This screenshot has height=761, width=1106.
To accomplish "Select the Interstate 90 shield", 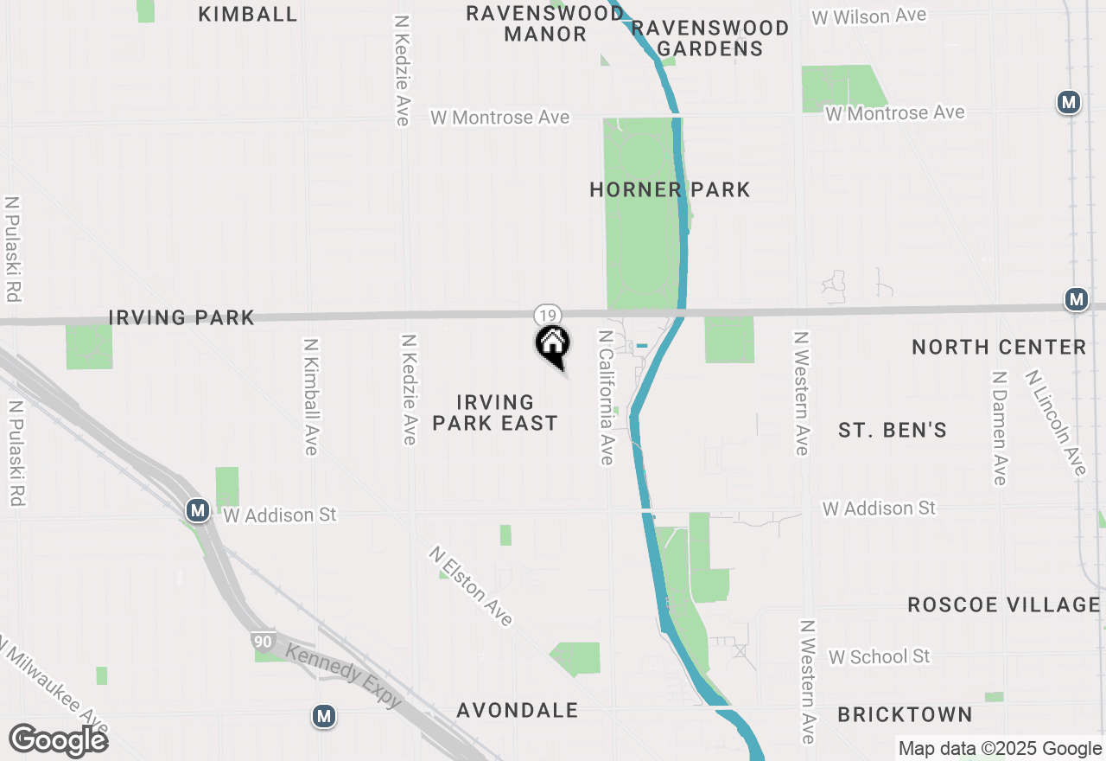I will (x=260, y=641).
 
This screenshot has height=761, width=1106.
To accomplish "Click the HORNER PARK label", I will (x=670, y=189).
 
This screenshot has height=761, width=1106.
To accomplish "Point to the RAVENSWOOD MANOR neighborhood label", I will (x=545, y=23).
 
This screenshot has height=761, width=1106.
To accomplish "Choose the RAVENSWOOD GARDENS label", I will (x=710, y=38).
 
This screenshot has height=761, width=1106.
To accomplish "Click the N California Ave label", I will (x=607, y=396).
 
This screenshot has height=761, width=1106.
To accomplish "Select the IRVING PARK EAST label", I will (x=495, y=412).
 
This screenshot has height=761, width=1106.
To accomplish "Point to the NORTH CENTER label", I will (x=999, y=347).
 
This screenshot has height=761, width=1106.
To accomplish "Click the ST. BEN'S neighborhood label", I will (x=893, y=430).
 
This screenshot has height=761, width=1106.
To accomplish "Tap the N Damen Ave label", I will (x=1000, y=428).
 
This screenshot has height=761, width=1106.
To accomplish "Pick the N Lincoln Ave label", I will (x=1055, y=423).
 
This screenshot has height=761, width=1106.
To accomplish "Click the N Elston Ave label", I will (x=472, y=585).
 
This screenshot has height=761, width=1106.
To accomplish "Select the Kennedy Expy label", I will (x=343, y=675).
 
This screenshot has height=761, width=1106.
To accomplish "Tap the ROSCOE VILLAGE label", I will (x=1004, y=604).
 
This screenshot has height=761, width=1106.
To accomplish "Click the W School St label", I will (x=879, y=656).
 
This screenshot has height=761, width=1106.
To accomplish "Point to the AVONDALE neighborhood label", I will (x=517, y=710).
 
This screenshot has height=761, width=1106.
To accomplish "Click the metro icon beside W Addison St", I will (x=198, y=510).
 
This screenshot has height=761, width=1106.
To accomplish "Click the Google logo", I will (x=58, y=740).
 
